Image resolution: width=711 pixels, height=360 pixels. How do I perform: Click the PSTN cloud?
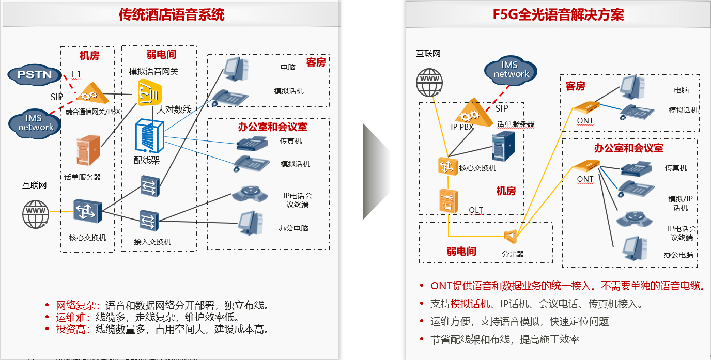click(x=35, y=74)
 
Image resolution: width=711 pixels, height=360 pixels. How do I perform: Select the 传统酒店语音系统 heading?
click(x=172, y=14)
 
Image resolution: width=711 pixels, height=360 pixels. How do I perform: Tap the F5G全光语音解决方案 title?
click(x=558, y=14)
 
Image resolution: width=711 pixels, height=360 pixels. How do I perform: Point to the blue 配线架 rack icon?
click(x=149, y=137)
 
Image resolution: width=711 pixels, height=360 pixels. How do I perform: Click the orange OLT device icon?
click(x=447, y=200)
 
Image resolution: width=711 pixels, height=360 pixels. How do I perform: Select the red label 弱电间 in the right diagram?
click(x=461, y=252)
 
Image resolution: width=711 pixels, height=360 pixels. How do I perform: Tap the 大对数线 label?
click(x=174, y=109)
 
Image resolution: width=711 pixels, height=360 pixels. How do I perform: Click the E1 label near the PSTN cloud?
click(x=76, y=74)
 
